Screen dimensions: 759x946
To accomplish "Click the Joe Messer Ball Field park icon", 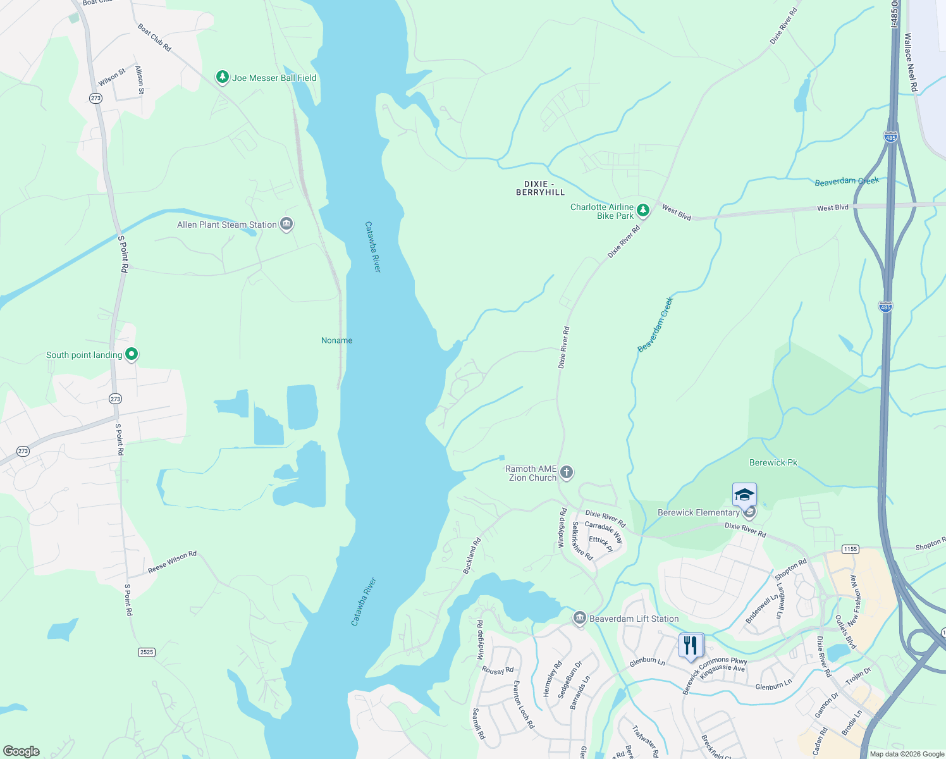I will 222,77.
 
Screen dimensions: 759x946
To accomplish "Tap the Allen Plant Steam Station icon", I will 286,224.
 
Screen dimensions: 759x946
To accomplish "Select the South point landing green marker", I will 132,354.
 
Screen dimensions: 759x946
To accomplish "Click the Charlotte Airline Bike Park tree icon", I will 643,211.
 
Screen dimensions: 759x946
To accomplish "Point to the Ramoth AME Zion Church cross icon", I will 567,472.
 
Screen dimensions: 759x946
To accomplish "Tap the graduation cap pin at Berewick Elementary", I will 744,495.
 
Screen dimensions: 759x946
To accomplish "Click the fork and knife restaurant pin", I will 691,646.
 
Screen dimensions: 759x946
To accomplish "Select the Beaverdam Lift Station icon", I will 579,619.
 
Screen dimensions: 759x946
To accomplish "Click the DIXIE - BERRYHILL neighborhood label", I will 540,188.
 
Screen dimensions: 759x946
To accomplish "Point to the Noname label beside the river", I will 336,340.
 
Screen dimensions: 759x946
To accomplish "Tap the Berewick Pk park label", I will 773,462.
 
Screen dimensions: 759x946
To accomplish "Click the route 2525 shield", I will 147,652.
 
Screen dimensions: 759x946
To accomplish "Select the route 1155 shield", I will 851,549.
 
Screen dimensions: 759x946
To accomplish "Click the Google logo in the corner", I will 21,751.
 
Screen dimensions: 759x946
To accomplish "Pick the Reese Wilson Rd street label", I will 172,562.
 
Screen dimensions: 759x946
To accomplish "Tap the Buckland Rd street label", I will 472,555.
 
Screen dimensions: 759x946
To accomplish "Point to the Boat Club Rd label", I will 154,37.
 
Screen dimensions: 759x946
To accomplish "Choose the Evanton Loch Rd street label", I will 523,704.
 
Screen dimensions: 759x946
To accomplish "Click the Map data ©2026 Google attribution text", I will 907,754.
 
